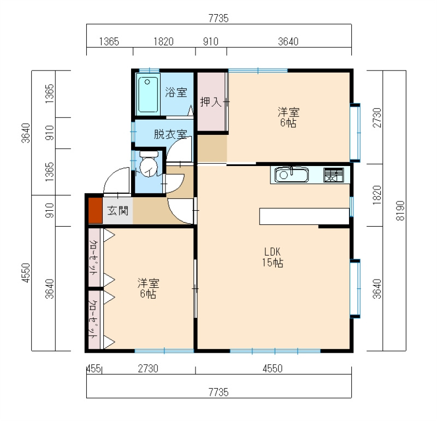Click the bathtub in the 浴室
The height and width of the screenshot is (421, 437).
(x=147, y=94)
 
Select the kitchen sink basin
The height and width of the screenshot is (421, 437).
(x=292, y=175)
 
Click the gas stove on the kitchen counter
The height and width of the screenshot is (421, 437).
(x=333, y=175)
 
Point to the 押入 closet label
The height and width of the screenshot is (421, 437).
(x=211, y=102)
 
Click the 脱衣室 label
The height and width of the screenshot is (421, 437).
(x=170, y=134)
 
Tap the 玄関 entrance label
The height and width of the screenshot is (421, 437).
(x=118, y=211)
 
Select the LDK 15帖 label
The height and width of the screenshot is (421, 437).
(x=273, y=257)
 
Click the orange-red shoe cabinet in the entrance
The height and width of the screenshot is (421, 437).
(x=95, y=210)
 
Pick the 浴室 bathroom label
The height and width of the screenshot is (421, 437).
(x=176, y=92)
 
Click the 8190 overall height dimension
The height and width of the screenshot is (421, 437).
(x=400, y=211)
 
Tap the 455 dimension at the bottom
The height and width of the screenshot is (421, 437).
(x=93, y=369)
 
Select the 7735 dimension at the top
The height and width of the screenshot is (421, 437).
(x=218, y=19)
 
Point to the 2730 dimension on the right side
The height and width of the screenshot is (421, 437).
(x=377, y=117)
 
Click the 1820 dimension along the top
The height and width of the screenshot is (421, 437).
(x=163, y=42)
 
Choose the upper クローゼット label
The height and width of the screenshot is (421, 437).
(x=94, y=257)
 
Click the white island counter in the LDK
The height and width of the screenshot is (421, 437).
(x=304, y=216)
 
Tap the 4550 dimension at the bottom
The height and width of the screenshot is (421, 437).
(x=273, y=369)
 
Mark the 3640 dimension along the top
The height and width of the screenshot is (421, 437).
(x=288, y=42)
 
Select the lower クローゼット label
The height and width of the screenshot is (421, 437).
(x=94, y=319)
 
